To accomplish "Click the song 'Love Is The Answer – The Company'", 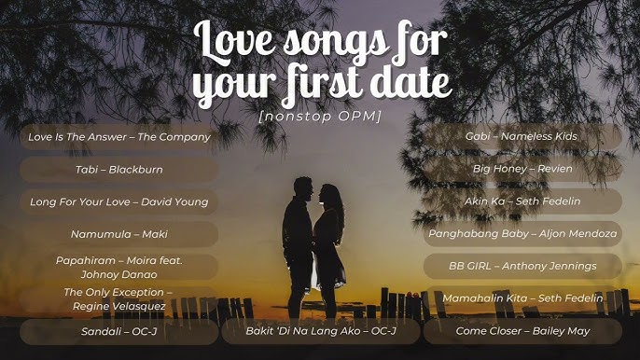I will point(119,137).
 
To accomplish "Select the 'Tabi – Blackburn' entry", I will point(119,170).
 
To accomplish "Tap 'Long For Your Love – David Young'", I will point(119,201).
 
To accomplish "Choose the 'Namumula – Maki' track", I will point(119,234).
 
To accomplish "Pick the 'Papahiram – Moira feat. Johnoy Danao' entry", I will point(119,267).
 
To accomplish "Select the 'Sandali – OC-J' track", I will point(119,331).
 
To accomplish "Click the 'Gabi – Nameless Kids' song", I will point(522,137).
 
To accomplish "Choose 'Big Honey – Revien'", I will point(522,169).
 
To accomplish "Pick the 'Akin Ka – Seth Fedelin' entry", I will point(522,201).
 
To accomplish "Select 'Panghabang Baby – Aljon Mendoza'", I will point(522,234).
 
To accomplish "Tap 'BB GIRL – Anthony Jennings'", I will point(522,266).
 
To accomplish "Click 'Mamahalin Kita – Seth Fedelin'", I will point(522,298).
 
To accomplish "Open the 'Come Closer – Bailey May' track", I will point(522,331).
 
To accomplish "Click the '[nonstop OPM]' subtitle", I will point(320,116).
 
